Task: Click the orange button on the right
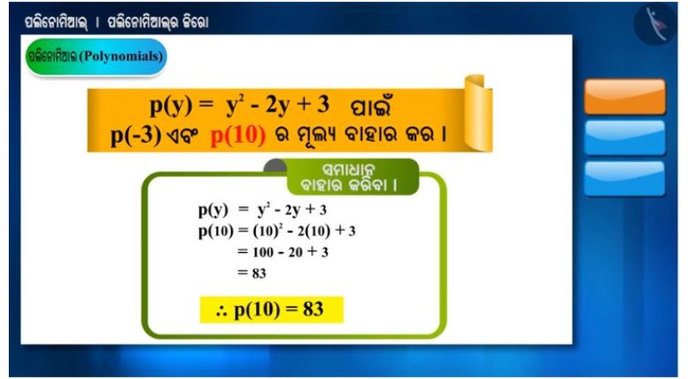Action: point(624,96)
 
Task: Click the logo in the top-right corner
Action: point(655,24)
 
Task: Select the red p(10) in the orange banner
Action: point(238,136)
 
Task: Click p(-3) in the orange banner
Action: point(136,136)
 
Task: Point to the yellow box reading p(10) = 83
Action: point(271,309)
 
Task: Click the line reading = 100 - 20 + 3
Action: point(282,252)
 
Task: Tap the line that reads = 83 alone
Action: point(252,273)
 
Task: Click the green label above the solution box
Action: point(353,177)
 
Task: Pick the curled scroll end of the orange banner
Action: point(478,113)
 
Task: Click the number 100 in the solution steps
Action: point(263,252)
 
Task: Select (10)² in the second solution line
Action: point(265,231)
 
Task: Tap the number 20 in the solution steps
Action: point(295,252)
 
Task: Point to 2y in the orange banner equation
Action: point(277,106)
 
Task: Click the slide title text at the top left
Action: point(116,22)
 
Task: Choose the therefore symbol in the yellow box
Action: point(222,311)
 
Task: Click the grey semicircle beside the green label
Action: point(275,166)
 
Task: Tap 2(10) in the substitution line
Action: point(314,231)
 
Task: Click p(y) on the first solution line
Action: point(213,211)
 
